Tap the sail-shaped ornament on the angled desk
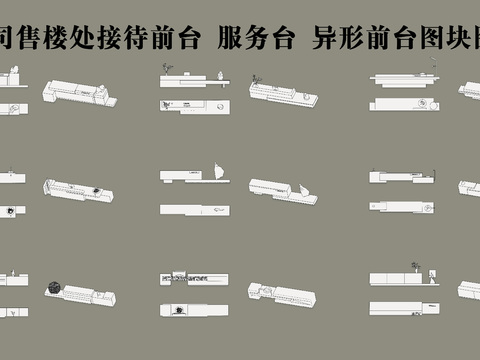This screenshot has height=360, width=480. [299, 187]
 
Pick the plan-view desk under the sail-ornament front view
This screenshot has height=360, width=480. [195, 207]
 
